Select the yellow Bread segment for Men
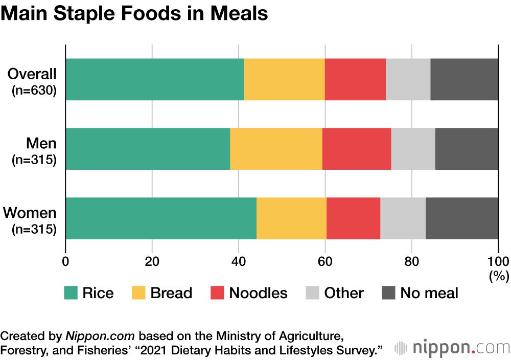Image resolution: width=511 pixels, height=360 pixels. pyautogui.click(x=276, y=148)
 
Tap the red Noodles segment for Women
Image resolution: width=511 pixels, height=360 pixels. pyautogui.click(x=353, y=218)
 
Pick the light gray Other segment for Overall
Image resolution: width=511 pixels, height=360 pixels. pyautogui.click(x=408, y=79)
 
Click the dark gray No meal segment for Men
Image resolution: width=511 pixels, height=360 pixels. pyautogui.click(x=467, y=148)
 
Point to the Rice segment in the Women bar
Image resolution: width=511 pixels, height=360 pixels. pyautogui.click(x=161, y=218)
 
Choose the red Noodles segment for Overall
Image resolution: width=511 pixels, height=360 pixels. pyautogui.click(x=355, y=79)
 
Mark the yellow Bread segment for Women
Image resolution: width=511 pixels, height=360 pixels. pyautogui.click(x=291, y=218)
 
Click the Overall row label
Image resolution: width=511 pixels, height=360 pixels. pyautogui.click(x=32, y=74)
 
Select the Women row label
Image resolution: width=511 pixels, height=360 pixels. pyautogui.click(x=30, y=213)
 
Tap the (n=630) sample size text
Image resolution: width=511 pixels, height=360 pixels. pyautogui.click(x=34, y=91)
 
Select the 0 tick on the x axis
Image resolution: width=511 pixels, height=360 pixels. pyautogui.click(x=65, y=260)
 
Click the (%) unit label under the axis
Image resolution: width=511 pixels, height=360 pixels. pyautogui.click(x=498, y=277)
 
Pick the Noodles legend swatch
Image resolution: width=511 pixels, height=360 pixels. pyautogui.click(x=217, y=293)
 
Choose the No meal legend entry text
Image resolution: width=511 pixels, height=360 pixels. pyautogui.click(x=429, y=293)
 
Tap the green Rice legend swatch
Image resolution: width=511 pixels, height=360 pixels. pyautogui.click(x=71, y=293)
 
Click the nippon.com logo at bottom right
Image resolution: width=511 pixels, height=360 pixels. pyautogui.click(x=452, y=348)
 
